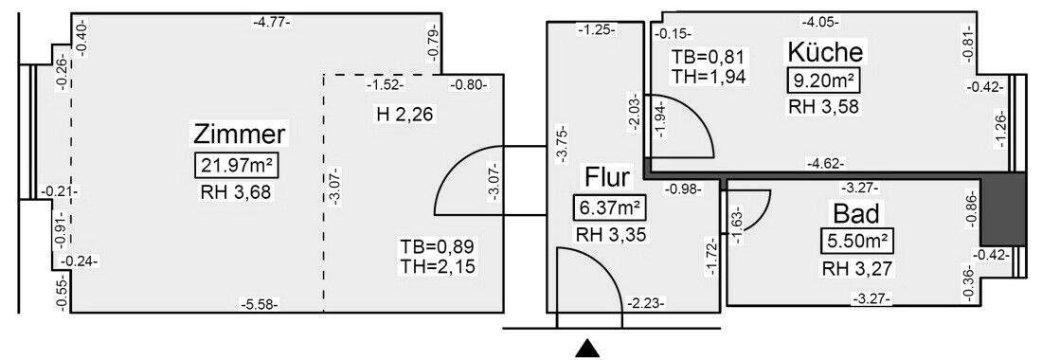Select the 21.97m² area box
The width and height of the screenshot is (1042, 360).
[238, 167]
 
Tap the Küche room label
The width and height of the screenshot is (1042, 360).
[824, 51]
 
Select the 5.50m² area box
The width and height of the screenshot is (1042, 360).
[856, 241]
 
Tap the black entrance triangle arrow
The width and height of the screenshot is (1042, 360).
[588, 350]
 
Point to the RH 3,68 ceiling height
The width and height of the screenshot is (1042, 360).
[238, 194]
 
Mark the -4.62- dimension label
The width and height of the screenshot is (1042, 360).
[824, 163]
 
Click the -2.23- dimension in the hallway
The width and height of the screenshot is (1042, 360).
[646, 304]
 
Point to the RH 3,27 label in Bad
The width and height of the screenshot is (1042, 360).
[856, 268]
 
